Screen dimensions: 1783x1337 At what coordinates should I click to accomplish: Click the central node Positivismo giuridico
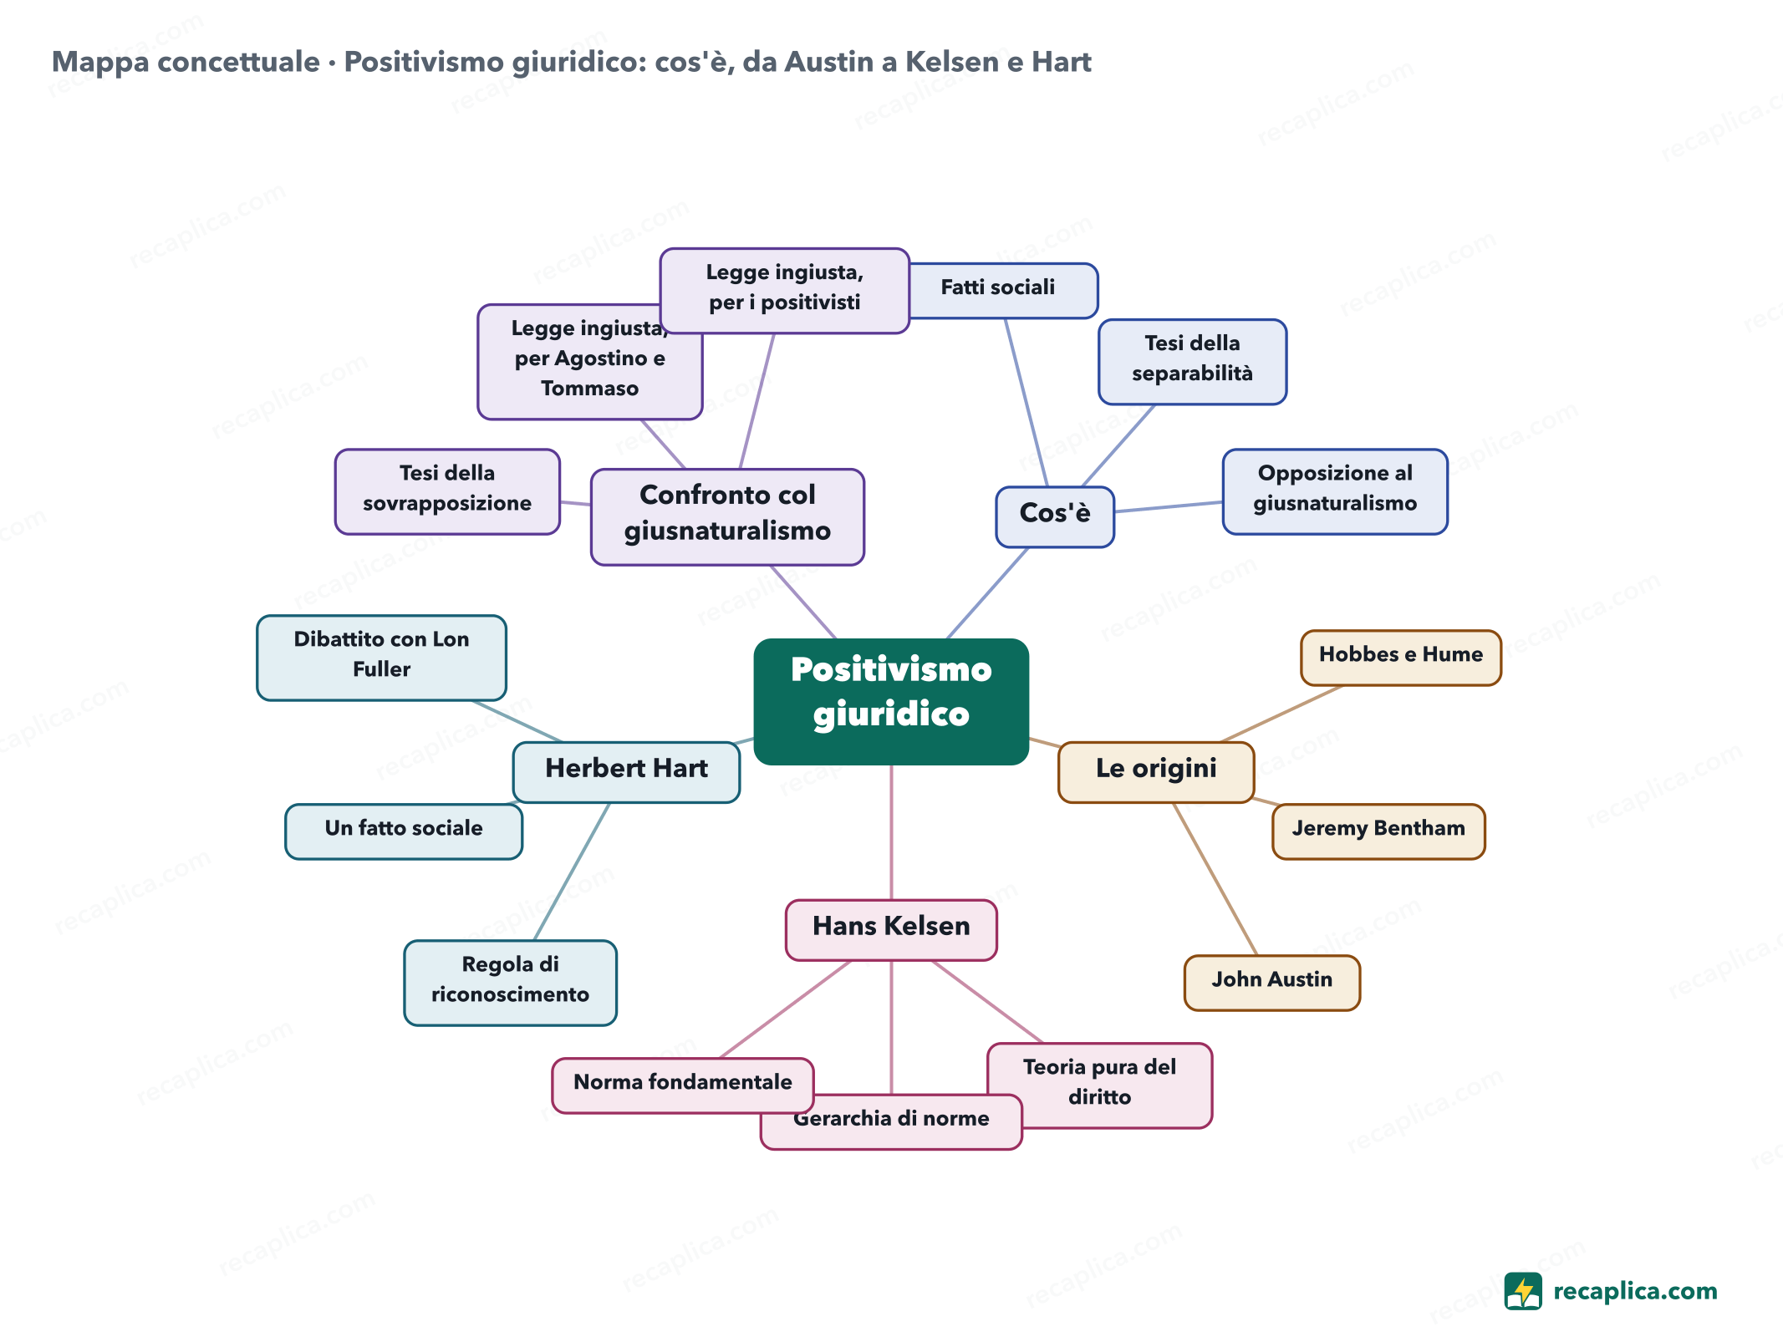tap(891, 701)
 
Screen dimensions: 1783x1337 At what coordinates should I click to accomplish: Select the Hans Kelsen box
tap(891, 929)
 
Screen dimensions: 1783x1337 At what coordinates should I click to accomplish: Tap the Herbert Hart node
tap(626, 772)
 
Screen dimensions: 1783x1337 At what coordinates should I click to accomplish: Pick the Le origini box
tap(1156, 772)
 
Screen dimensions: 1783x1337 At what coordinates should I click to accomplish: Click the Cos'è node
tap(1055, 516)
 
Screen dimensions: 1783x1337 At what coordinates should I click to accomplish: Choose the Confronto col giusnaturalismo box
tap(727, 516)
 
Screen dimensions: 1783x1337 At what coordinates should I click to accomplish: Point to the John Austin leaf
tap(1271, 983)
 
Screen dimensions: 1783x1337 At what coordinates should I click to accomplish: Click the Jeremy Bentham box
tap(1378, 831)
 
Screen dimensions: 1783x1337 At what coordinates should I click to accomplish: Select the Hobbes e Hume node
tap(1401, 658)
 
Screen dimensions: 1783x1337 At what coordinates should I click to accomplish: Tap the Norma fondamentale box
tap(682, 1085)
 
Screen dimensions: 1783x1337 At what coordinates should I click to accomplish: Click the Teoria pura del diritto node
tap(1099, 1085)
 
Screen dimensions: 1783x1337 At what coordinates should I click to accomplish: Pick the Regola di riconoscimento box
tap(510, 983)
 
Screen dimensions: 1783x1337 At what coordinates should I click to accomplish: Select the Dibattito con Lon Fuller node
tap(381, 658)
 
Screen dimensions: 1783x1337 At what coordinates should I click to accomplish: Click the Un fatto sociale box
tap(404, 831)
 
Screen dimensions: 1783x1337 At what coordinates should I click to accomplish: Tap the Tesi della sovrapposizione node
tap(447, 491)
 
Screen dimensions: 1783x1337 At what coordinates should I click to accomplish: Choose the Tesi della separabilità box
tap(1192, 362)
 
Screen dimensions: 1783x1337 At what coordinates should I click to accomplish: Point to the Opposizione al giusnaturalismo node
tap(1335, 491)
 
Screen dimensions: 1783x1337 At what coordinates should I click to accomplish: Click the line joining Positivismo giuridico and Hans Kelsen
tap(891, 832)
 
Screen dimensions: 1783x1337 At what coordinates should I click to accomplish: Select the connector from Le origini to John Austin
tap(1215, 879)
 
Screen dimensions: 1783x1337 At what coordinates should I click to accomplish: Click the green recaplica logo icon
tap(1522, 1291)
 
